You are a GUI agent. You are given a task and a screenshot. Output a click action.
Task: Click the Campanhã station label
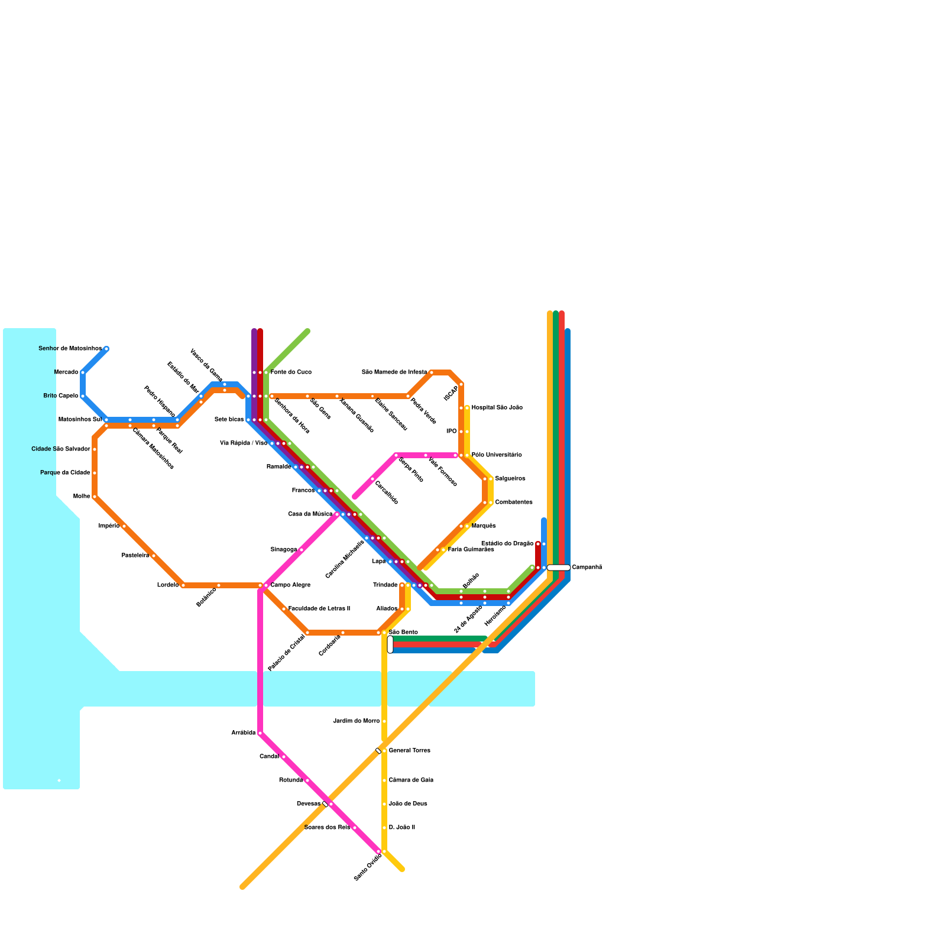click(x=587, y=568)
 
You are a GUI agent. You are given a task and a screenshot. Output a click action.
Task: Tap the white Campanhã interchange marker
click(x=558, y=568)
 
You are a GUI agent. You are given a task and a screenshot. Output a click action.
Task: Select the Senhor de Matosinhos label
click(x=70, y=349)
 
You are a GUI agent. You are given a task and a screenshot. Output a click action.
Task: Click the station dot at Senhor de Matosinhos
click(x=106, y=349)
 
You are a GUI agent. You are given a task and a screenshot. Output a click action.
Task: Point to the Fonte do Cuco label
click(x=291, y=372)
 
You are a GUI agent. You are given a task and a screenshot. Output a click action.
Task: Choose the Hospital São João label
click(x=497, y=408)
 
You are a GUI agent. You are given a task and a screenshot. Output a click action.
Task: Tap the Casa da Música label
click(x=310, y=514)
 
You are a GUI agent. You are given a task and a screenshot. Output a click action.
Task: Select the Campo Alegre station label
click(x=290, y=585)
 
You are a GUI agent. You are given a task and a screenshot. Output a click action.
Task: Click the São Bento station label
click(x=403, y=633)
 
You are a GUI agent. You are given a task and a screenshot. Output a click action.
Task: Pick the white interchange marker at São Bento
click(x=390, y=644)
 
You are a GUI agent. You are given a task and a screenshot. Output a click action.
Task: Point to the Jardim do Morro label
click(x=357, y=721)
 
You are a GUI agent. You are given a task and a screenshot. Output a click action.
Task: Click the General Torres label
click(x=409, y=751)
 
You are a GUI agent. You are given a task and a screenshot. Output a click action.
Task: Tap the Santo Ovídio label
click(x=368, y=867)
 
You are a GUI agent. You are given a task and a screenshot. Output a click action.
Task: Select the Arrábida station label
click(x=243, y=733)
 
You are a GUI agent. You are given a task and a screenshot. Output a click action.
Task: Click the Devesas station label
click(x=308, y=804)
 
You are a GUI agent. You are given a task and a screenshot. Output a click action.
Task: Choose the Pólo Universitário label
click(x=497, y=455)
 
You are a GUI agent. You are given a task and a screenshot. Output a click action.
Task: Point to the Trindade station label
click(x=385, y=585)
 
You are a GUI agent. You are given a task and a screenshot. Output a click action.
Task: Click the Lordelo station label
click(x=168, y=585)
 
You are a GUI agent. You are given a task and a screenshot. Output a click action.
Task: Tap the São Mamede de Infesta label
click(x=394, y=372)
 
